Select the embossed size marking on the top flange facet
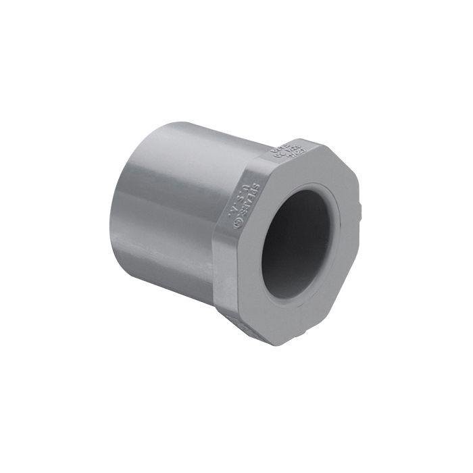289,152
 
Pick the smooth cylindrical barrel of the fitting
169,203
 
